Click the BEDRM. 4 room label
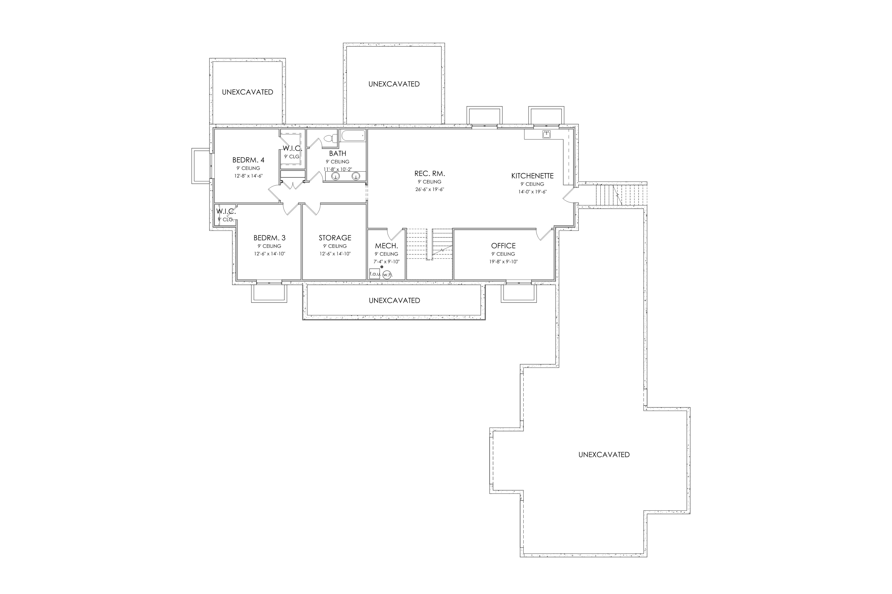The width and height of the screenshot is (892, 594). [x=248, y=160]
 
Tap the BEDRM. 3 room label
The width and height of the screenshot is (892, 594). [x=270, y=238]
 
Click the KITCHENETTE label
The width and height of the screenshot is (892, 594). [x=533, y=176]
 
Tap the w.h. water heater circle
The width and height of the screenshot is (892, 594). [x=387, y=275]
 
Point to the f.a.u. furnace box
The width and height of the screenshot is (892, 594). [x=375, y=274]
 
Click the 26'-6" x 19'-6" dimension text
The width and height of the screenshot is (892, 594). [x=430, y=189]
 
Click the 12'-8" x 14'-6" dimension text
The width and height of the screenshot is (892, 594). [x=248, y=176]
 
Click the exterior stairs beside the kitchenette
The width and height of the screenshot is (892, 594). [x=621, y=195]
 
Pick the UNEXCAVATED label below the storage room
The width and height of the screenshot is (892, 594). [x=394, y=301]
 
